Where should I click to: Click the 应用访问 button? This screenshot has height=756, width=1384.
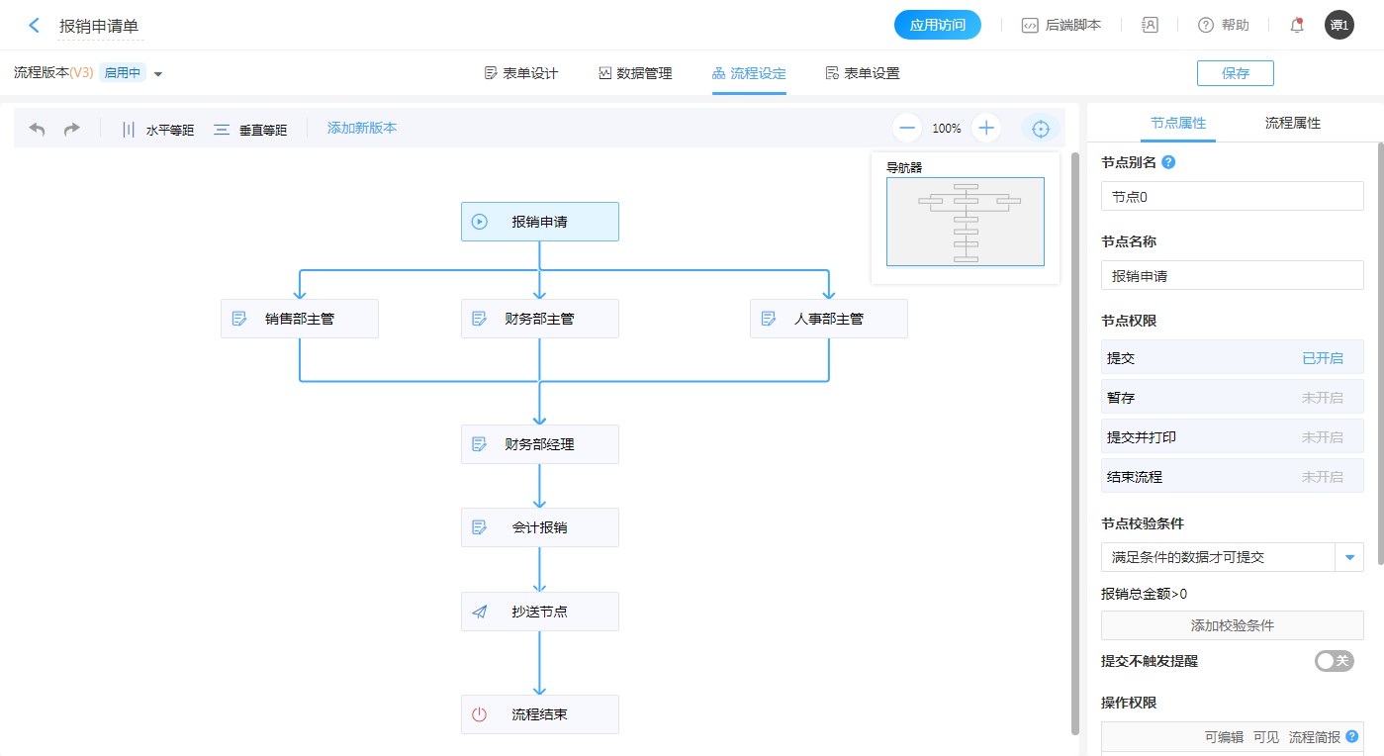click(x=937, y=26)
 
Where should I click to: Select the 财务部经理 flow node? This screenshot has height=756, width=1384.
click(x=540, y=444)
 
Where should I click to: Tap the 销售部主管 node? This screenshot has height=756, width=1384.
click(x=300, y=319)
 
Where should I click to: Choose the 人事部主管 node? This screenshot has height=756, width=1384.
click(x=829, y=319)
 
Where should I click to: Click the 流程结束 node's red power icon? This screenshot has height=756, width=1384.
click(x=480, y=714)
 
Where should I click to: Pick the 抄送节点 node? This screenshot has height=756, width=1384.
click(x=540, y=612)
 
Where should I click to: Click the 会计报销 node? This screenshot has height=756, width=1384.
click(x=540, y=527)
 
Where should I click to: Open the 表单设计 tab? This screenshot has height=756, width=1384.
click(x=521, y=73)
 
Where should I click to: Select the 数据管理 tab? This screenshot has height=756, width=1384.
click(x=635, y=73)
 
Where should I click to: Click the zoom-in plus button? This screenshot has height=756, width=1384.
click(x=986, y=128)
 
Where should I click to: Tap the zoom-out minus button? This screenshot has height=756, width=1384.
click(x=907, y=128)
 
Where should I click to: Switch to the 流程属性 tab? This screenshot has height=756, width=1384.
click(x=1292, y=124)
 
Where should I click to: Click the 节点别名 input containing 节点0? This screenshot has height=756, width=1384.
click(x=1232, y=197)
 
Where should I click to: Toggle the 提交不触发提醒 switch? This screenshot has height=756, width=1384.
click(x=1334, y=661)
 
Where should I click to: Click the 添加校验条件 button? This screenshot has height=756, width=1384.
click(x=1232, y=625)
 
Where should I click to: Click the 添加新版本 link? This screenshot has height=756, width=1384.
click(x=362, y=128)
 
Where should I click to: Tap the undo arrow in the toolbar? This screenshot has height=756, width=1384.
click(x=38, y=129)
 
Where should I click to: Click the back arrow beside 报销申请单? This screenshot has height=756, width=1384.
click(x=35, y=26)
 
